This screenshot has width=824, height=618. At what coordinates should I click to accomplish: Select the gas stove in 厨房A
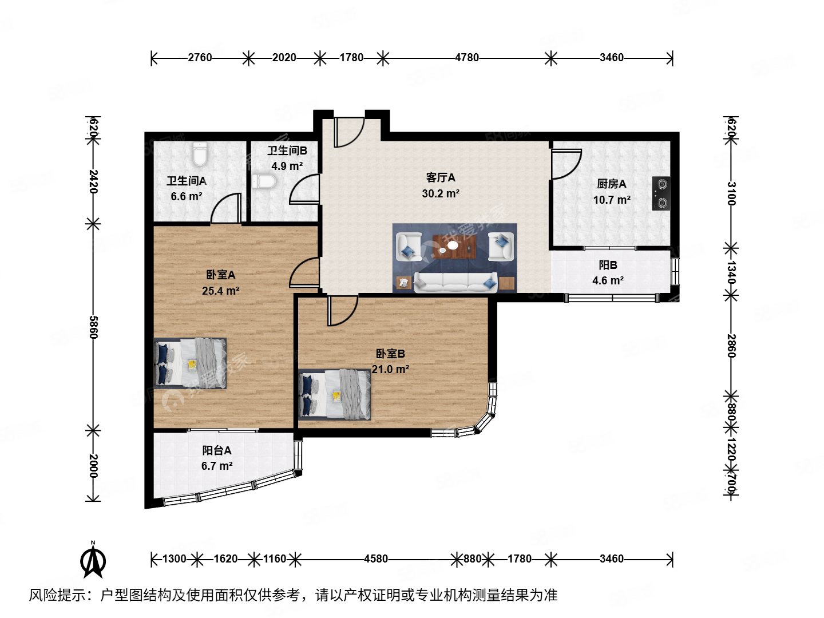(661, 193)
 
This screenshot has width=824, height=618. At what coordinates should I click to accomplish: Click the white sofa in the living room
(455, 282)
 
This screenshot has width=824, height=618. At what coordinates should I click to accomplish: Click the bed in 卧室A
(191, 363)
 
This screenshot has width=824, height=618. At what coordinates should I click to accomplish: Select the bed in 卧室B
(335, 394)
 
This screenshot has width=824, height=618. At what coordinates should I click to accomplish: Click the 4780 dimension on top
(466, 57)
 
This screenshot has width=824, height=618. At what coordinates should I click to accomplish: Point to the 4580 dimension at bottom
(376, 558)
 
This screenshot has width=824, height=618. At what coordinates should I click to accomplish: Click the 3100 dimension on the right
(731, 193)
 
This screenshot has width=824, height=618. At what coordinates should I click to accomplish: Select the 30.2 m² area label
(441, 194)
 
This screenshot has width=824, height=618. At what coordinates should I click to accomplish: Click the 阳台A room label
(217, 451)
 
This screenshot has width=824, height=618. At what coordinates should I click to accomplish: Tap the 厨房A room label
(611, 184)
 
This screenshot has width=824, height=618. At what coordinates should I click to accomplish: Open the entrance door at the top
(348, 132)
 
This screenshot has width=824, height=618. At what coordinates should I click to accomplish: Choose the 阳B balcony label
(608, 265)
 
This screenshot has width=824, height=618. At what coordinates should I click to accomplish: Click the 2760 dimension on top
(200, 57)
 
